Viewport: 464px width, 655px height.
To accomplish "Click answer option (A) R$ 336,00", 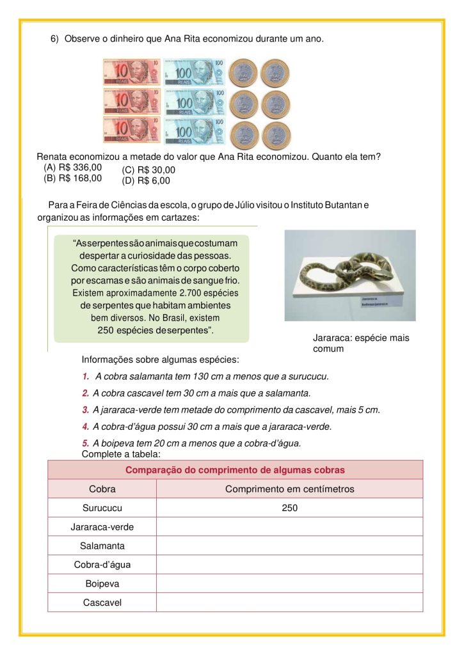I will [72, 168].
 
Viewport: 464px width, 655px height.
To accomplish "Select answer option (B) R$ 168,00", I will [72, 178].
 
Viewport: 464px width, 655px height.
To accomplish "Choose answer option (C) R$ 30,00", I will [148, 170].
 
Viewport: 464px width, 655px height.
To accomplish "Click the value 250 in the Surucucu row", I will [289, 508].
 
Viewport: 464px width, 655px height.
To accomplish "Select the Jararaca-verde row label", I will [102, 527].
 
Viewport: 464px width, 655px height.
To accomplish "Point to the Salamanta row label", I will [102, 546].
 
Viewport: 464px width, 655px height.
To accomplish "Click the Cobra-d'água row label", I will [102, 565].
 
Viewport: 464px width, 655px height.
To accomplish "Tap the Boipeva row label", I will [102, 584].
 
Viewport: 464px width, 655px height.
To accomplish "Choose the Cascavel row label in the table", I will [102, 603].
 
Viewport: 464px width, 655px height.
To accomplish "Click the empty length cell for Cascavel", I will [289, 603].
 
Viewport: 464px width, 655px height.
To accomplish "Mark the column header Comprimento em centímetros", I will [289, 489].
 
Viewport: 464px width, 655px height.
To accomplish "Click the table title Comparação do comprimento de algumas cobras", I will [235, 470].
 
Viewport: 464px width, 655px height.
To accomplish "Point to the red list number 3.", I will [85, 410].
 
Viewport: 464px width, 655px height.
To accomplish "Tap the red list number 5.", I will [85, 443].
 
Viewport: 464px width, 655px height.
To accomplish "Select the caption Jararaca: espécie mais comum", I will [360, 343].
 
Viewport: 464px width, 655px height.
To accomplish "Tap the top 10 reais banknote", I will [131, 72].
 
